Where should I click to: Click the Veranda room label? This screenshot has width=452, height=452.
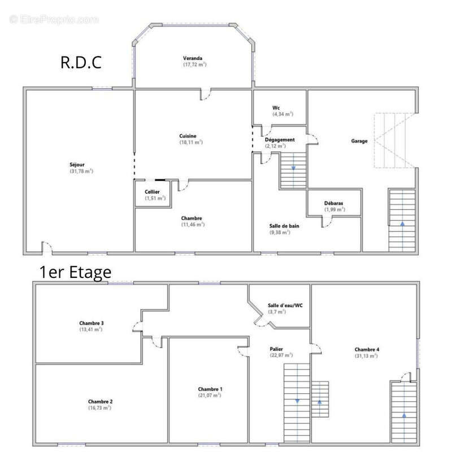click(193, 58)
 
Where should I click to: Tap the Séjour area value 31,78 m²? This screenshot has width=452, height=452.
click(81, 171)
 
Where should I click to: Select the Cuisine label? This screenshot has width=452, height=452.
click(188, 136)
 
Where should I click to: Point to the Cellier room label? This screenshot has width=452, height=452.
click(152, 192)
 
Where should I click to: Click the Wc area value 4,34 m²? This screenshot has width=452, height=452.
click(283, 114)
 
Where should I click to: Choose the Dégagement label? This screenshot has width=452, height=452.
click(280, 140)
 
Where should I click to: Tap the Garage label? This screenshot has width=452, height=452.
click(359, 141)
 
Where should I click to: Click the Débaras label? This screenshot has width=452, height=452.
click(333, 203)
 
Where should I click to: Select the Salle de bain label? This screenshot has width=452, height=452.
click(284, 226)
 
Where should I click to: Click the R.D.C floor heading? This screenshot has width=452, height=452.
click(81, 62)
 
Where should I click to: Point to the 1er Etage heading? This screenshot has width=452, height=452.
click(75, 272)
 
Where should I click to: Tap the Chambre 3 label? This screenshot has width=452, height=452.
click(92, 323)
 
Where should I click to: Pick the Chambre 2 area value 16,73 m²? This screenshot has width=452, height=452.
click(100, 408)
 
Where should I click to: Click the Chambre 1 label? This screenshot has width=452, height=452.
click(210, 389)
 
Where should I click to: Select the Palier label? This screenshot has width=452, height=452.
click(276, 349)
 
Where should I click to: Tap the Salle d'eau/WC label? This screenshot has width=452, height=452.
click(285, 306)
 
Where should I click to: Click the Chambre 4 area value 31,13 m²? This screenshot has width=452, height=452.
click(366, 356)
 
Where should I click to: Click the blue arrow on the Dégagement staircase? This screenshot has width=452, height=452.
click(293, 168)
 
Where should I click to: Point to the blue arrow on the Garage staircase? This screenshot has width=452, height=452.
click(402, 223)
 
